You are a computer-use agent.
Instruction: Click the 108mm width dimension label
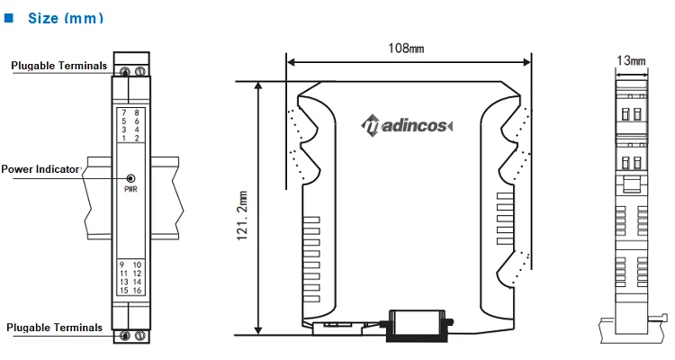[x=406, y=48]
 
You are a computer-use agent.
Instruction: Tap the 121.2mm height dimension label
[x=242, y=215]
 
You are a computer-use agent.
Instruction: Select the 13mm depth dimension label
[x=631, y=60]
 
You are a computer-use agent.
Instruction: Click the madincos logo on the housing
[x=407, y=125]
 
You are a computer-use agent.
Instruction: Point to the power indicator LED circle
[x=130, y=178]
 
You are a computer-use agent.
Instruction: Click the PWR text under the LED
[x=130, y=189]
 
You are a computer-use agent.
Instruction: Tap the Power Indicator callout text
[x=40, y=169]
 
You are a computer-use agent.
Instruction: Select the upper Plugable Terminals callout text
[x=59, y=66]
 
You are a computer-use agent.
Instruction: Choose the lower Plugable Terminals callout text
[x=55, y=328]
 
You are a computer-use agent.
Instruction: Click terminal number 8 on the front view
[x=137, y=112]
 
